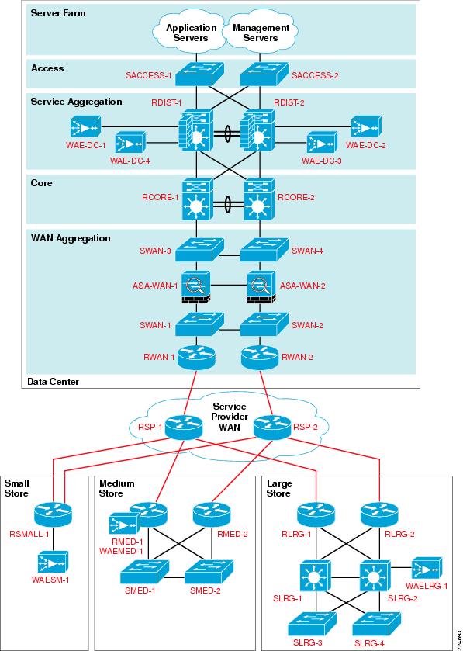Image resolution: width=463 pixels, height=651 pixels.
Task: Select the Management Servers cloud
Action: coord(260,33)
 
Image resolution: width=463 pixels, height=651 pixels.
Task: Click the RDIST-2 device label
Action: coord(289,102)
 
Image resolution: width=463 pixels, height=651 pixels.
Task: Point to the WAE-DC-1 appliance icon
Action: coord(85,126)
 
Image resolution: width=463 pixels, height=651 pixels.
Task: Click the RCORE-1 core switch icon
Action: coord(197,199)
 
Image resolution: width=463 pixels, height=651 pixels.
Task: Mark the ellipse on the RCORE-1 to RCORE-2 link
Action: coord(227,205)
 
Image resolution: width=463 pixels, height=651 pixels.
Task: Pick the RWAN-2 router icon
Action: coord(259,358)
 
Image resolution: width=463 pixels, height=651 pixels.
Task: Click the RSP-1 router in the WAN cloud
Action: coord(185,428)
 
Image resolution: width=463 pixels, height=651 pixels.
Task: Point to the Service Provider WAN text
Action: coord(230,417)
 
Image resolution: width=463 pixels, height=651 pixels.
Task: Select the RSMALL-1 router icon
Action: coord(53,514)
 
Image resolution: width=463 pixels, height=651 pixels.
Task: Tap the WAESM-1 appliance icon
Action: coord(53,562)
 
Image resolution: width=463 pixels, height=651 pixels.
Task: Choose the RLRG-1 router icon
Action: coord(316,514)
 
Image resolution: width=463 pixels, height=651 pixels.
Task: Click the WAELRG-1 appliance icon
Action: coord(426,569)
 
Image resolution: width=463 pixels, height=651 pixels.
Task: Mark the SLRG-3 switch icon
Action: coord(313,622)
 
